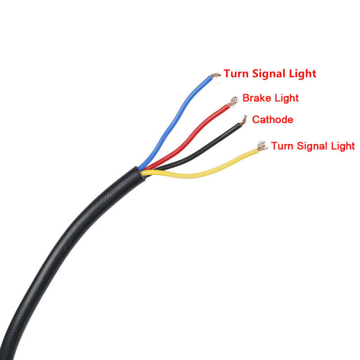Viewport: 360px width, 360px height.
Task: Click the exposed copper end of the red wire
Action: coord(233,102)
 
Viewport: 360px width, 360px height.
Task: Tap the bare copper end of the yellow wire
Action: coord(261,146)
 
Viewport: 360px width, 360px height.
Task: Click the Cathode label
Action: coord(273,120)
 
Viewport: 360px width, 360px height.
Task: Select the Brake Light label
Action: coord(270,98)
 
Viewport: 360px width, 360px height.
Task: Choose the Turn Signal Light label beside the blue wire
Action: coord(270,73)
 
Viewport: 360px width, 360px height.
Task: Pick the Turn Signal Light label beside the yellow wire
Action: coord(313,146)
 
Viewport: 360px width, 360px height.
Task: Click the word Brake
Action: coord(255,98)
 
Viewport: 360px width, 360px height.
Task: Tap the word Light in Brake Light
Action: coord(284,98)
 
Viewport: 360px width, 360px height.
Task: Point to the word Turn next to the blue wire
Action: coord(236,73)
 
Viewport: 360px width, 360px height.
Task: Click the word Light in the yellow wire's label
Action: coord(344,146)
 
